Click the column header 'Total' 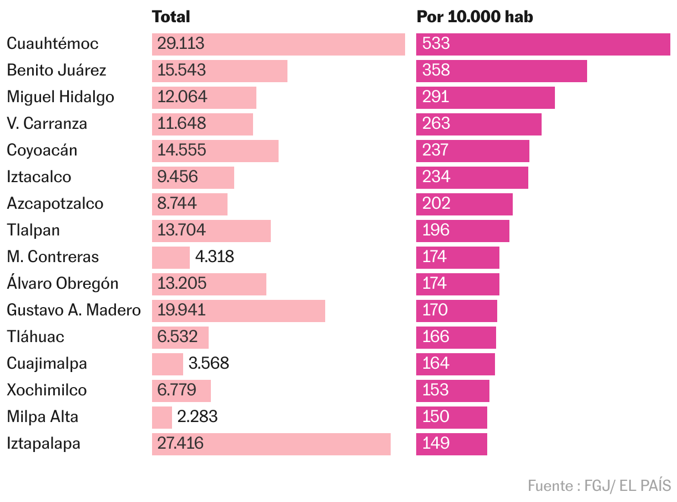pos(171,17)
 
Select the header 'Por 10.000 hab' pos(474,17)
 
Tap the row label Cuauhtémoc pos(52,43)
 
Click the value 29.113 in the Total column pos(181,43)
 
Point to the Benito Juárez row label pos(56,70)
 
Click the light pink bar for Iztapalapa pos(271,444)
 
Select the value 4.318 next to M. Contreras pos(215,257)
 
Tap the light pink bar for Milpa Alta pos(162,418)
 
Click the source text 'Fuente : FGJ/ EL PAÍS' pos(599,485)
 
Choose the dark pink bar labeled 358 pos(501,71)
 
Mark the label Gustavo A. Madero pos(74,310)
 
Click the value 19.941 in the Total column pos(181,310)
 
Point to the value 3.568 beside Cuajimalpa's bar pos(209,363)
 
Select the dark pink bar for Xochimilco pos(452,391)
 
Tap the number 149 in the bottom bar pos(436,443)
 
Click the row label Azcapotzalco pos(55,203)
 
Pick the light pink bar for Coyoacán pos(215,151)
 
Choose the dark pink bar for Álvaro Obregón pos(457,284)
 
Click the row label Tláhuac pos(36,337)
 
